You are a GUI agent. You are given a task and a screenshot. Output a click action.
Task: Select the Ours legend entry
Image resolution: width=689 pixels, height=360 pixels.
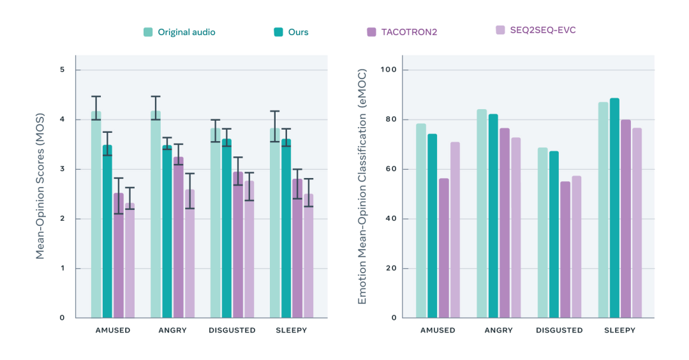[x=291, y=32]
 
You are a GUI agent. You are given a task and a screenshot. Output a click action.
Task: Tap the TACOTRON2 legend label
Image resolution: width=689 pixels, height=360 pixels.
[x=402, y=32]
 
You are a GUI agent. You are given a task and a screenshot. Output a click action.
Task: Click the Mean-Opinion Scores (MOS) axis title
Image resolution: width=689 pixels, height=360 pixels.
[x=40, y=191]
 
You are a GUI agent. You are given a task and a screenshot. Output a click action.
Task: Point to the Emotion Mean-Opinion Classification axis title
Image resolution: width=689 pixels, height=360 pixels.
[x=362, y=191]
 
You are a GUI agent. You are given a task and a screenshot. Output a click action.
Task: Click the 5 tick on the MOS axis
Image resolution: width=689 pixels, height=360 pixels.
[x=63, y=70]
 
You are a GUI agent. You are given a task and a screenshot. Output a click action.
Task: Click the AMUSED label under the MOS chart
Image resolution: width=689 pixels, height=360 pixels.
[x=113, y=331]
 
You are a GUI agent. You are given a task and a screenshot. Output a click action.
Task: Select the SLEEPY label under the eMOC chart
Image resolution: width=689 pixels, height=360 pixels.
[x=619, y=331]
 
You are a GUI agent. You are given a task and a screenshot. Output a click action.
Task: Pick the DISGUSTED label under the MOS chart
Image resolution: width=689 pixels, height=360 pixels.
[x=232, y=331]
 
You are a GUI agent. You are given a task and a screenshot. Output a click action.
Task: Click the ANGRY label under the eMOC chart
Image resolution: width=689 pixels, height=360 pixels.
[x=498, y=331]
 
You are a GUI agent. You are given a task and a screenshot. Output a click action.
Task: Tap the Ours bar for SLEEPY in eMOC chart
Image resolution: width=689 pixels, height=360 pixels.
[x=614, y=207]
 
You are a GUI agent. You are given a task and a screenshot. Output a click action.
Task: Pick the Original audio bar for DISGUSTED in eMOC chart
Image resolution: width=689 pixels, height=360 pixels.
[x=542, y=232]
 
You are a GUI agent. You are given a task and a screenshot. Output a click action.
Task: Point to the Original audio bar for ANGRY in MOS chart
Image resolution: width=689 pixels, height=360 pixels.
[x=156, y=214]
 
